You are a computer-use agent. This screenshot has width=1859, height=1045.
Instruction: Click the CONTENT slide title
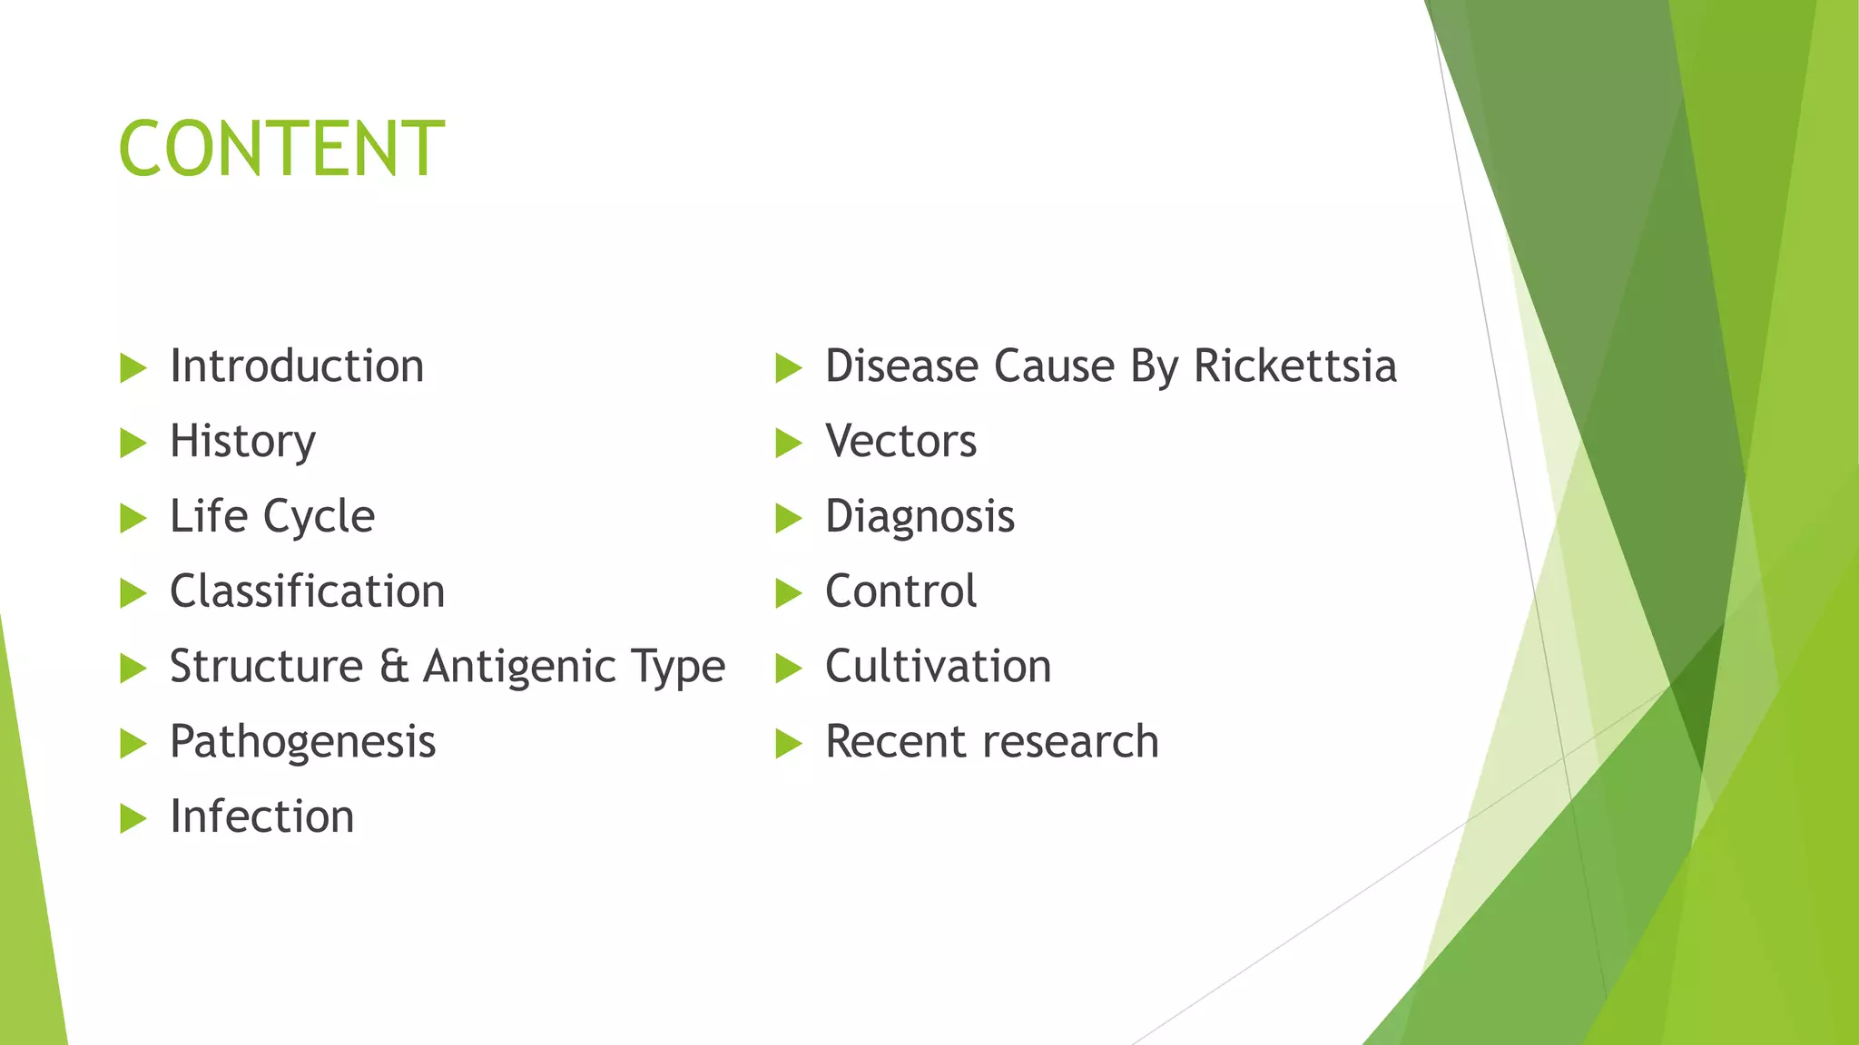[281, 149]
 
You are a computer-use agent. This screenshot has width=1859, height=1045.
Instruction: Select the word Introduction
[297, 366]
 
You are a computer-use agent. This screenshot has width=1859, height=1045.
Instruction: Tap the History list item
[242, 443]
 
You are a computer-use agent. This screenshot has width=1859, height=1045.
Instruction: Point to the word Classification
[307, 591]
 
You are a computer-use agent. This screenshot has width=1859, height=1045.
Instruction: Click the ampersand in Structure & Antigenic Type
[393, 667]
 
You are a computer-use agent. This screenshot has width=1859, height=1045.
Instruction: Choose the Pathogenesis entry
[302, 743]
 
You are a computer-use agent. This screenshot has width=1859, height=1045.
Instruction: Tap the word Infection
[261, 816]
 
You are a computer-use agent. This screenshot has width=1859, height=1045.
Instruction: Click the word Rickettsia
[1294, 366]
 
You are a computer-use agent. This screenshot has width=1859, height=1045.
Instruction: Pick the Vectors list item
[900, 442]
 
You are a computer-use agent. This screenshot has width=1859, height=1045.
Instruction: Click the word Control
[900, 591]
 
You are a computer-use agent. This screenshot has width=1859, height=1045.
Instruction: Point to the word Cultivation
[938, 667]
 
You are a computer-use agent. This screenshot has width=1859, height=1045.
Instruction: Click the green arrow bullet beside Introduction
[133, 368]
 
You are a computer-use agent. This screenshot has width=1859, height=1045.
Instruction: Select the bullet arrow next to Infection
[133, 818]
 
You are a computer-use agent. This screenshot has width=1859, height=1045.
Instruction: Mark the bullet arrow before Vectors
[788, 444]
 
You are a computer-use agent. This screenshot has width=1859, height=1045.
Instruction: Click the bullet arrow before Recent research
[788, 744]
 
